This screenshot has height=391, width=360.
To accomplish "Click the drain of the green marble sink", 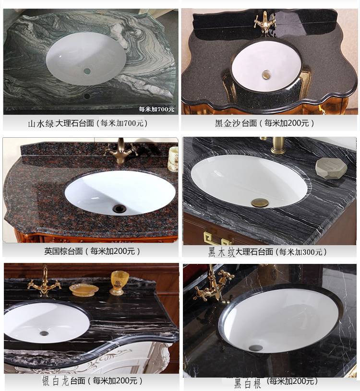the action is (87, 71).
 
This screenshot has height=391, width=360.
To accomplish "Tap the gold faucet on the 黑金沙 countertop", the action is (265, 23).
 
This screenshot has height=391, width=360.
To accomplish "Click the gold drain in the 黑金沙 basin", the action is (266, 74).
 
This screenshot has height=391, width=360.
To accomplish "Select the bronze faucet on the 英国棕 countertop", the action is (121, 151).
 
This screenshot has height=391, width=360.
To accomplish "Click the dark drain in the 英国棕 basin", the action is (120, 209).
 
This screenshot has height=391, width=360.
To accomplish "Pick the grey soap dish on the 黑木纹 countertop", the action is (331, 168).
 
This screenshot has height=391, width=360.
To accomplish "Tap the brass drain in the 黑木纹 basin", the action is (260, 203).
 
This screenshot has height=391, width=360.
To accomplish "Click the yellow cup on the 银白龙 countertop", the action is (120, 283).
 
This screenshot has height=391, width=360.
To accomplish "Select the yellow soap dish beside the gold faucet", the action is (84, 290).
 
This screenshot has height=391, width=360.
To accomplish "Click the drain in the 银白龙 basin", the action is (44, 333).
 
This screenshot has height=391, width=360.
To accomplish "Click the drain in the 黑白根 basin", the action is (256, 347).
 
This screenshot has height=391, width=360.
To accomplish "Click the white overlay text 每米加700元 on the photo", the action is (156, 109).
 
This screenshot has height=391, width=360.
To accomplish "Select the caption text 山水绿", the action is (41, 123).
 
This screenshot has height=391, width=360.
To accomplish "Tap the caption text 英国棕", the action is (56, 251).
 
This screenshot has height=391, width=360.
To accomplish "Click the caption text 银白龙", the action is (55, 381).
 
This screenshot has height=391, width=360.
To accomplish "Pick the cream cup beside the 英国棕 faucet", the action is (173, 159).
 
